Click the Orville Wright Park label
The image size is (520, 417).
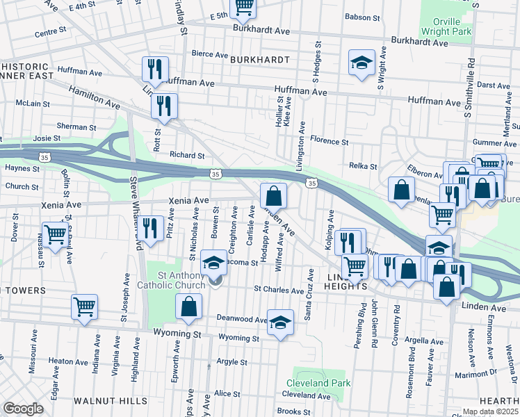(x=446, y=26)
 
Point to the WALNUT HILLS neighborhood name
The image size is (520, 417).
(x=111, y=401)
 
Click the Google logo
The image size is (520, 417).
(x=23, y=409)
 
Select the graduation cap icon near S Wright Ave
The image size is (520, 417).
(x=361, y=63)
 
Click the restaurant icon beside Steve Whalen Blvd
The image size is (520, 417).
(x=149, y=227)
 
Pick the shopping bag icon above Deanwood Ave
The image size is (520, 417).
(x=189, y=306)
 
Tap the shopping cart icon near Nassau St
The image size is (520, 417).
(x=56, y=234)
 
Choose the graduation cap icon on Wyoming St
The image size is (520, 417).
(x=280, y=322)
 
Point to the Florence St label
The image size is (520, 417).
(x=330, y=141)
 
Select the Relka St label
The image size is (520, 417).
(x=363, y=166)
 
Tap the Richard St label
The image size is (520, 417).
(x=187, y=156)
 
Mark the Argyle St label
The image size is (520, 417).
(x=231, y=362)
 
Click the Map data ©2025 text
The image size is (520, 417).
(x=490, y=411)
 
